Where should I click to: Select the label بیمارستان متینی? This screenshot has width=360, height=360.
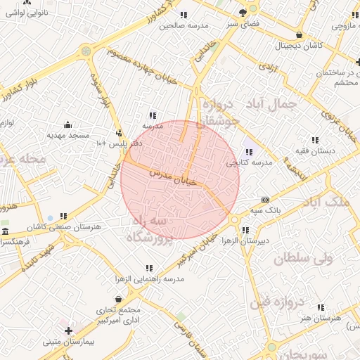[x=68, y=342]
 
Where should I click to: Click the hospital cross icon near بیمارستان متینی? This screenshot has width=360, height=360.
[x=68, y=330]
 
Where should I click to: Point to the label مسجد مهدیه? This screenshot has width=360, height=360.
[x=68, y=134]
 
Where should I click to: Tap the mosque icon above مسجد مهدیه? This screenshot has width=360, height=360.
[x=68, y=124]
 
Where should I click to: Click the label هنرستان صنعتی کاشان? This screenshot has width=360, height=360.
[x=64, y=228]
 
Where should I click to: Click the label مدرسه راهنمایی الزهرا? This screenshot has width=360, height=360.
[x=149, y=279]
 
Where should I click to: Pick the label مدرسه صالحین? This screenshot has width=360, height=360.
[x=184, y=25]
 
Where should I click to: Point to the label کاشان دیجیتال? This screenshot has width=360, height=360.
[x=300, y=45]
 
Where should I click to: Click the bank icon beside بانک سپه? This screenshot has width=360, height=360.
[x=264, y=200]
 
